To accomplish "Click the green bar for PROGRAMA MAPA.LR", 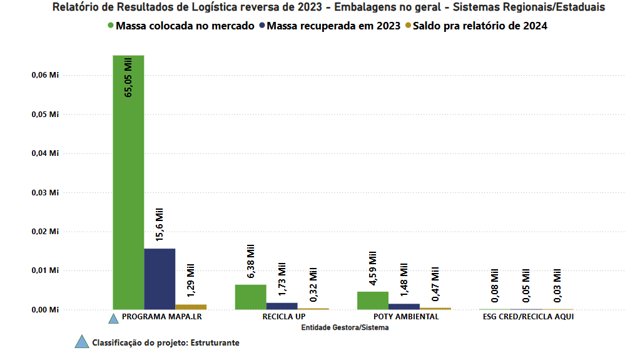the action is coord(128,182).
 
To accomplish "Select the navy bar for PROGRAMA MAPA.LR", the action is coord(160,279).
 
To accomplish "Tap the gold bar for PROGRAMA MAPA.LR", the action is coord(191,307).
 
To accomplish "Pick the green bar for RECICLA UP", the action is coord(251,297).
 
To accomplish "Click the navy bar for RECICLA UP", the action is coord(282,306).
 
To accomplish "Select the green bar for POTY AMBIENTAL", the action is coord(373,301).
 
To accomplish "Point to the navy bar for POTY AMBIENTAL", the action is coord(404,307).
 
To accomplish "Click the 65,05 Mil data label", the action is coord(128,78).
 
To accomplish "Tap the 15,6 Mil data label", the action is coord(159,224).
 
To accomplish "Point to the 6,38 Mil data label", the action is coord(251,261).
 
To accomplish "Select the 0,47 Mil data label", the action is coord(435,284).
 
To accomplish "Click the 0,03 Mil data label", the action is coord(557,285).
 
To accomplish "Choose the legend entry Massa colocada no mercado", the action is coord(181,26).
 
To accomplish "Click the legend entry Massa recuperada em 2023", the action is coord(330,26).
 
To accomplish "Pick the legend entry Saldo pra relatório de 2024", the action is coord(476,26).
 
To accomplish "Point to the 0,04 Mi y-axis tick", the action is coord(45,153).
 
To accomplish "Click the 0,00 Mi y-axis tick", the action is coord(45,310).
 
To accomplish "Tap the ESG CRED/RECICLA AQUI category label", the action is coord(528,317).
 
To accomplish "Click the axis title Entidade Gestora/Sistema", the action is coord(345,327).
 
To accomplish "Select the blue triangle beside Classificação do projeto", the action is coord(81,342).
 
